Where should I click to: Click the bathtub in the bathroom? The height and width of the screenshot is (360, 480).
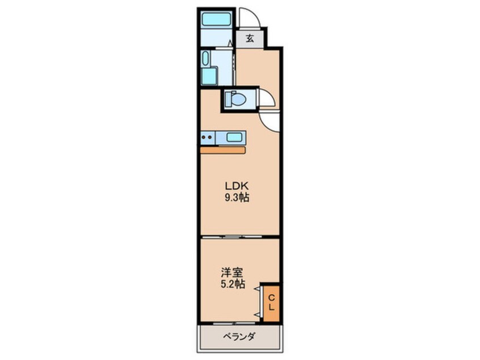[x=217, y=20]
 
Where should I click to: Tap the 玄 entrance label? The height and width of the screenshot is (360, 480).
[x=250, y=40]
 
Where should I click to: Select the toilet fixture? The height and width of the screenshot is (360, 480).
[x=235, y=99]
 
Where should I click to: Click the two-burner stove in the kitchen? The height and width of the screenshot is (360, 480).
[x=208, y=137]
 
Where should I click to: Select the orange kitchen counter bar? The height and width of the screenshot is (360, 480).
[x=222, y=150]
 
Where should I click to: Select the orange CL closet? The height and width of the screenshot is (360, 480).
[x=271, y=303]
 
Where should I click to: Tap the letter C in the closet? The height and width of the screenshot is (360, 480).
[x=271, y=298]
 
